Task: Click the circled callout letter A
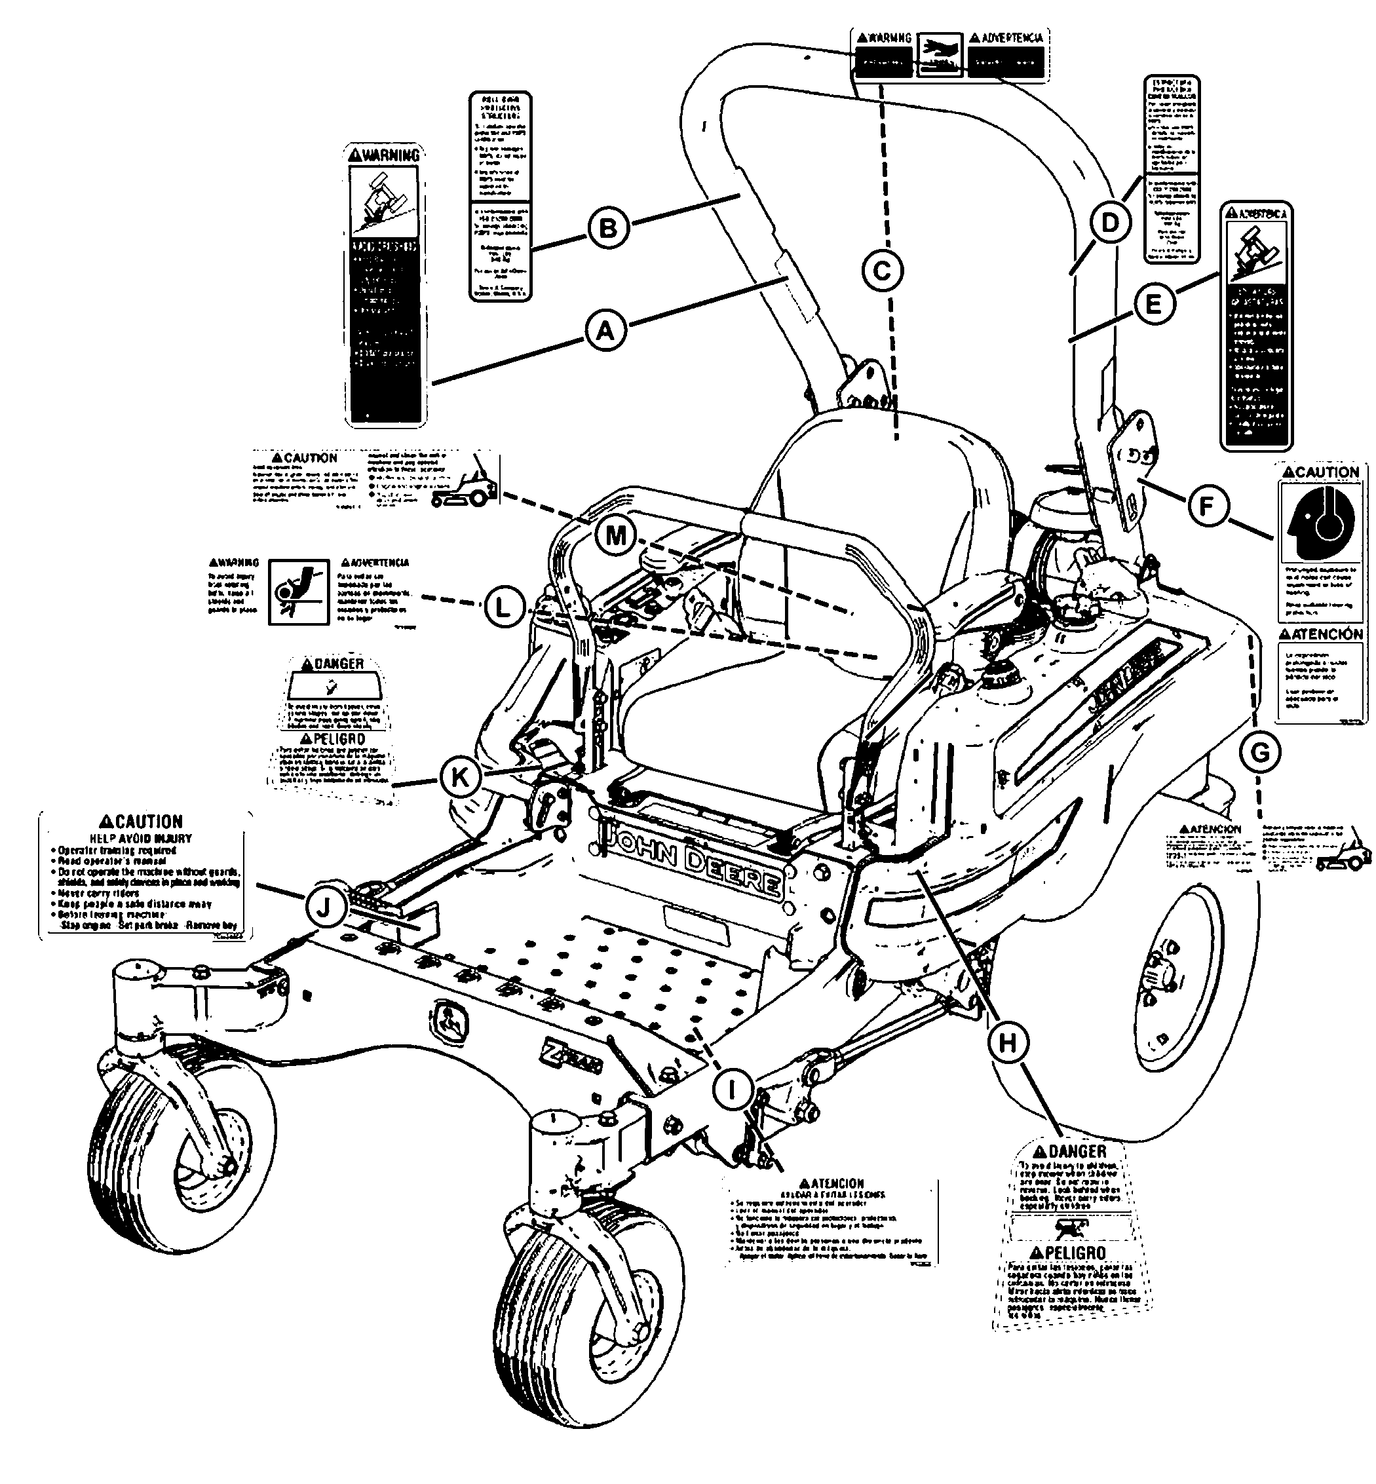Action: tap(605, 330)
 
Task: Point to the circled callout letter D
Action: tap(1109, 223)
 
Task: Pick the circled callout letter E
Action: tap(1153, 304)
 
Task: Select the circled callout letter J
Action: tap(324, 906)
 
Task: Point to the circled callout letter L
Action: tap(503, 607)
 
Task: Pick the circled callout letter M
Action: tap(616, 535)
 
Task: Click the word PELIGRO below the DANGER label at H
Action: tap(1069, 1254)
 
